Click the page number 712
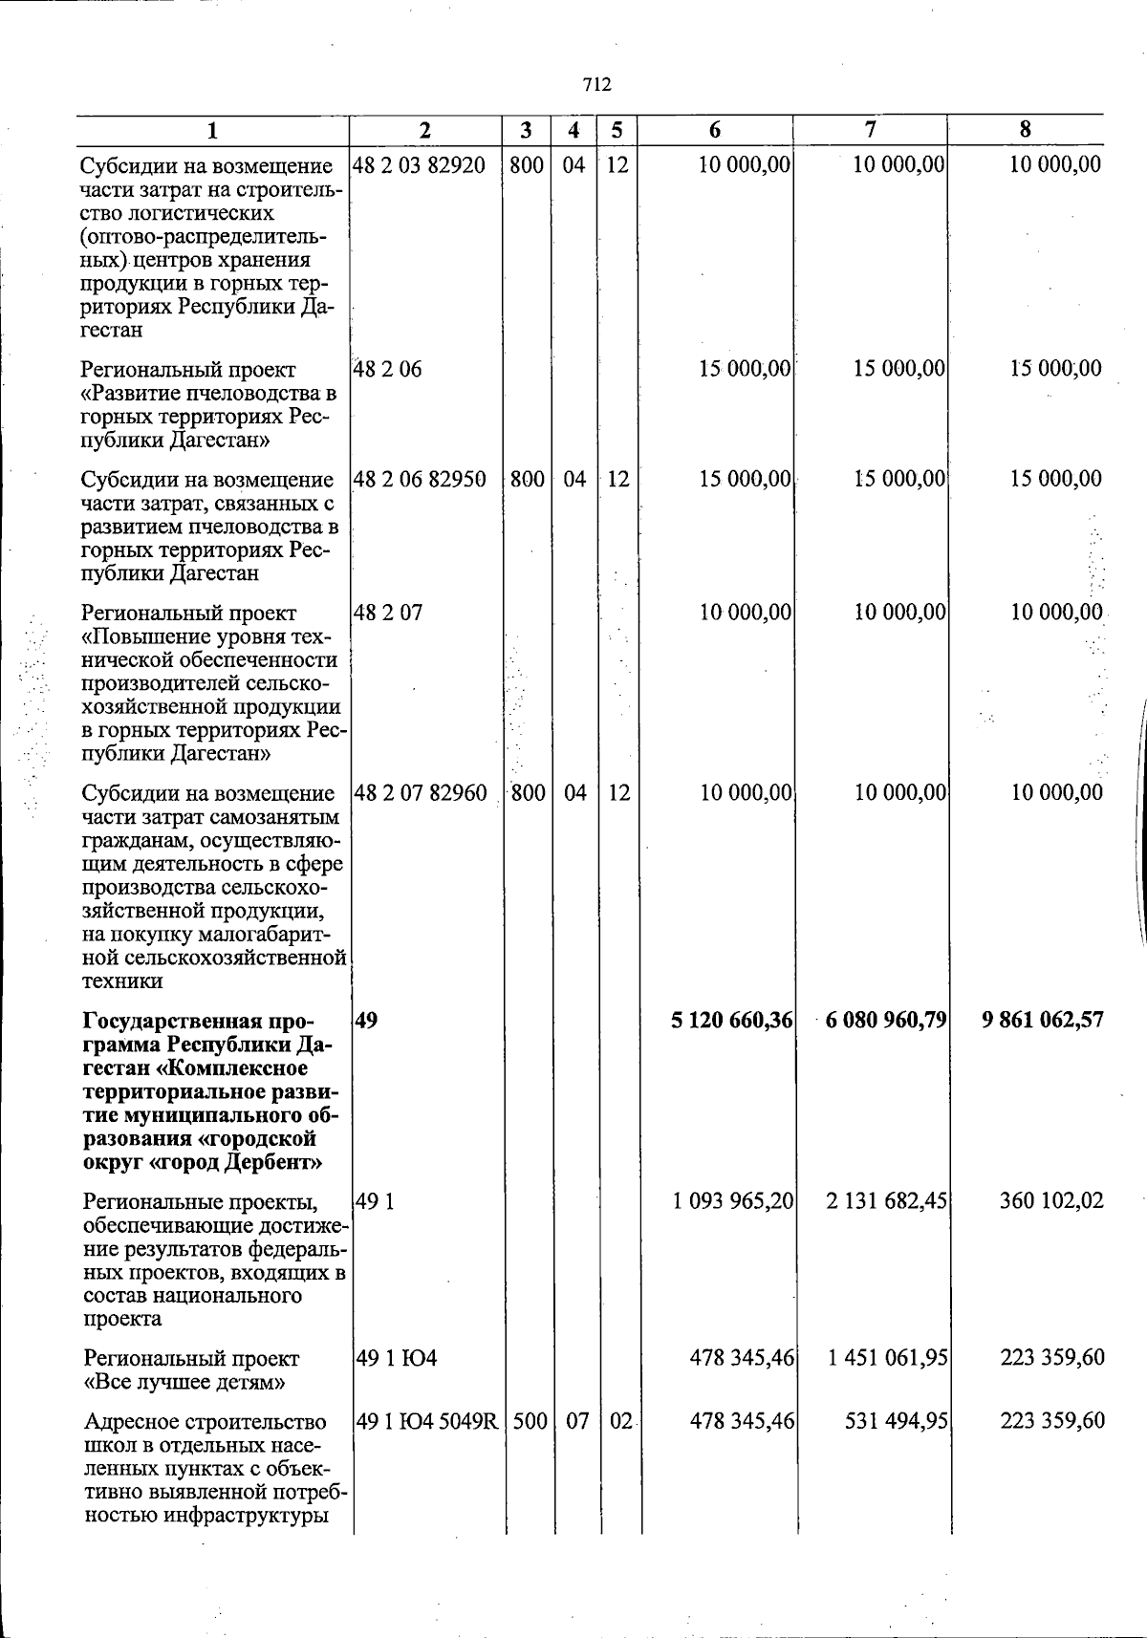(x=596, y=84)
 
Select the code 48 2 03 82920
(x=419, y=164)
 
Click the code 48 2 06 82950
(x=419, y=479)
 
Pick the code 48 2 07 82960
(x=420, y=792)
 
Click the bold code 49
(x=365, y=1021)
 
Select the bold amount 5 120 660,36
(x=732, y=1021)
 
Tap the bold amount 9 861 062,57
(x=1043, y=1021)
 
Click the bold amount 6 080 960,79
(x=884, y=1021)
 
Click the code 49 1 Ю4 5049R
(x=426, y=1422)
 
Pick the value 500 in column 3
(x=529, y=1422)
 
